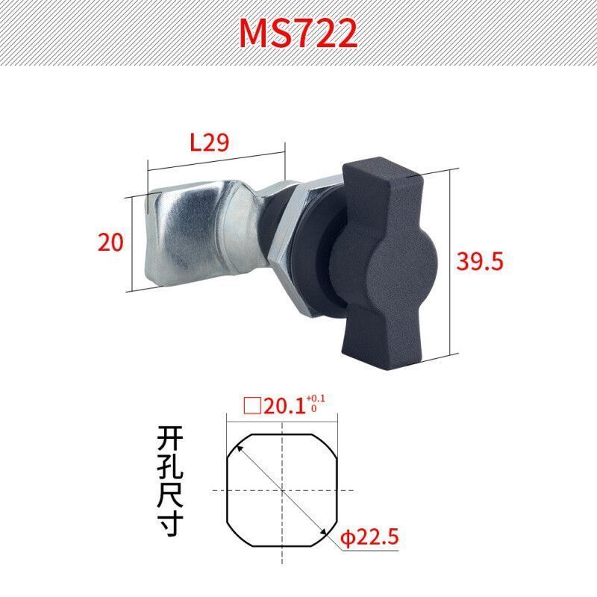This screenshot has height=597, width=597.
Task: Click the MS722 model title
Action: [x=298, y=32]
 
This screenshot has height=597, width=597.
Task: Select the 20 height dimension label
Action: [x=110, y=242]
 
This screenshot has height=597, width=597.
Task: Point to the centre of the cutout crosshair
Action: [x=282, y=489]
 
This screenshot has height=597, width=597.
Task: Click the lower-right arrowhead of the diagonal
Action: [x=325, y=532]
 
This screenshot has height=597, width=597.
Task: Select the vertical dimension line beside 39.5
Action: [x=451, y=261]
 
